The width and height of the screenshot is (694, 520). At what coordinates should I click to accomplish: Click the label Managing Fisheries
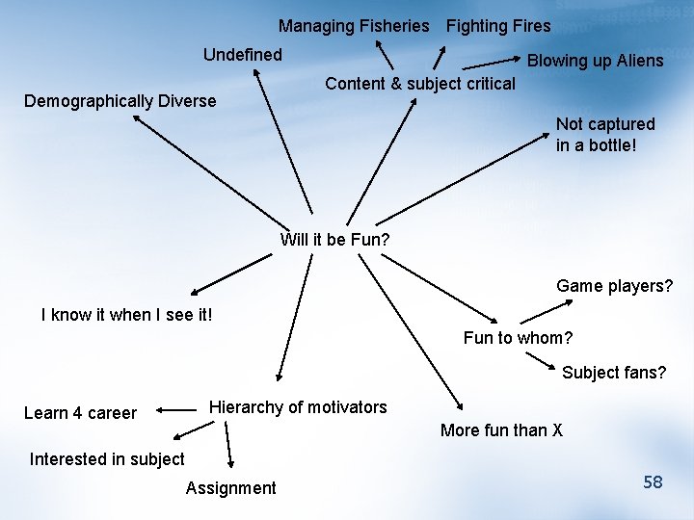[x=354, y=26]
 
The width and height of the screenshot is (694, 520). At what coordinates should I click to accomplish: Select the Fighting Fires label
[x=498, y=26]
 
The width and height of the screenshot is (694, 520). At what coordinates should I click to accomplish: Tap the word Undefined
[x=242, y=55]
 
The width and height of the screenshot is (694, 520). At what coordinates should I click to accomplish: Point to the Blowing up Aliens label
[x=595, y=61]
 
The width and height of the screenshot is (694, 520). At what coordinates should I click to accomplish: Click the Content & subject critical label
[x=420, y=84]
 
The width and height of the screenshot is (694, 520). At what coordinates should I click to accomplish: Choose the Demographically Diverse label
[x=120, y=101]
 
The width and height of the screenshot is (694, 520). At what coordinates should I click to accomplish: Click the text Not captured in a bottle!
[x=604, y=135]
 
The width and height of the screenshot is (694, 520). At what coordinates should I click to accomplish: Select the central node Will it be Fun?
[x=334, y=239]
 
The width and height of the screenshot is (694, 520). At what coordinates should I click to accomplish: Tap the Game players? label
[x=614, y=286]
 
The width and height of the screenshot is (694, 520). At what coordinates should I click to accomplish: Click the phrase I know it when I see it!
[x=126, y=315]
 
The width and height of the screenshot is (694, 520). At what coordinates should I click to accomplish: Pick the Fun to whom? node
[x=518, y=338]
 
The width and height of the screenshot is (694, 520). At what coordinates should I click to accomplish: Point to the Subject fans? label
[x=614, y=373]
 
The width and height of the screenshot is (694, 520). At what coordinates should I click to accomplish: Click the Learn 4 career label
[x=80, y=413]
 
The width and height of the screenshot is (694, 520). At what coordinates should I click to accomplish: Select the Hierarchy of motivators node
[x=298, y=407]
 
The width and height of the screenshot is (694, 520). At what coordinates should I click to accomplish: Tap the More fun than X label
[x=501, y=430]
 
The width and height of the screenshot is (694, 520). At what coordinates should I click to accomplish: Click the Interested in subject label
[x=107, y=459]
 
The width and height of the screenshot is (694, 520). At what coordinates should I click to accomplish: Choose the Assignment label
[x=230, y=488]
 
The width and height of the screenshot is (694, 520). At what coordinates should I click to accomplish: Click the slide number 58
[x=653, y=482]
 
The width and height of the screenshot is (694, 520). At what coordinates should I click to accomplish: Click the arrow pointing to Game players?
[x=547, y=312]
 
